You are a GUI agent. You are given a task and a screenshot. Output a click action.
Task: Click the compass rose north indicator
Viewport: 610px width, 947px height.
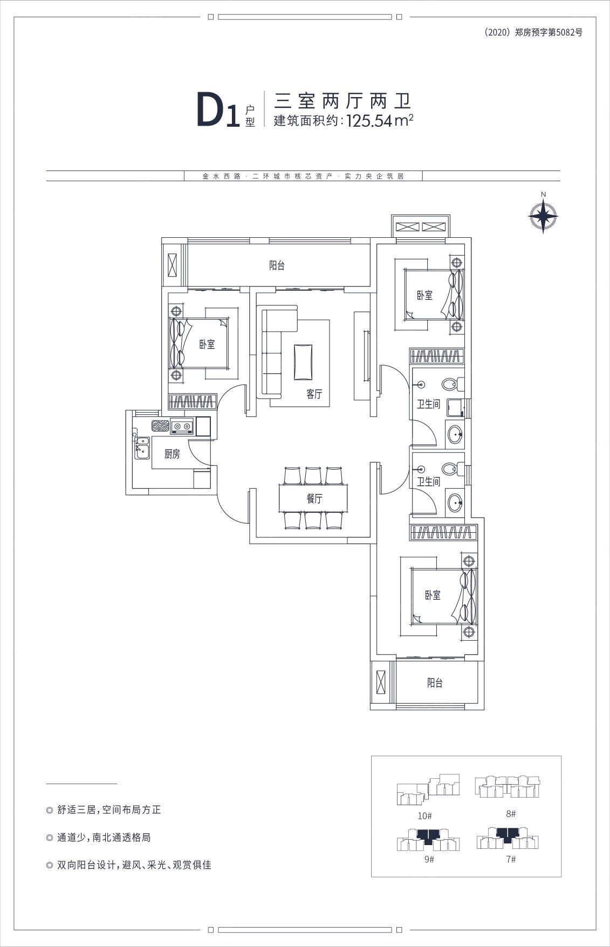543,214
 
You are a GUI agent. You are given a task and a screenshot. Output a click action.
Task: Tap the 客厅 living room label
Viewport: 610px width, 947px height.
314,394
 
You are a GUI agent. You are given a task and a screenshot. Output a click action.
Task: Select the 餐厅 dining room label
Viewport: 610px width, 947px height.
314,498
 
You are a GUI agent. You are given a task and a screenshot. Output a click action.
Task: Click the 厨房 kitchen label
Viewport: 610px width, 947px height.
172,454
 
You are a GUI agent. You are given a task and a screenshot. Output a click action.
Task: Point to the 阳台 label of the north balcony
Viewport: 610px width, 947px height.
277,265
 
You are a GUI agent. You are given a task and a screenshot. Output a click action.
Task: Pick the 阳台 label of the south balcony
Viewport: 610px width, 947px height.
435,683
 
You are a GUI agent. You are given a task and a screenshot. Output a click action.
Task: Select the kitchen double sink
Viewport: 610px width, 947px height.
142,448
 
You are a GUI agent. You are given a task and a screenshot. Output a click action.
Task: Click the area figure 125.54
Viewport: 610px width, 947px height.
370,121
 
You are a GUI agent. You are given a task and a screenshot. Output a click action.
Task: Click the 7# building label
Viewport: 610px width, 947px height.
511,859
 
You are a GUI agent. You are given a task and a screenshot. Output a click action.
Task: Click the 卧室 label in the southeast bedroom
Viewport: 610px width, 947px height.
433,595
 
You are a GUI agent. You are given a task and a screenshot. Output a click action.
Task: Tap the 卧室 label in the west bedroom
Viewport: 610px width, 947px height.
207,344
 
